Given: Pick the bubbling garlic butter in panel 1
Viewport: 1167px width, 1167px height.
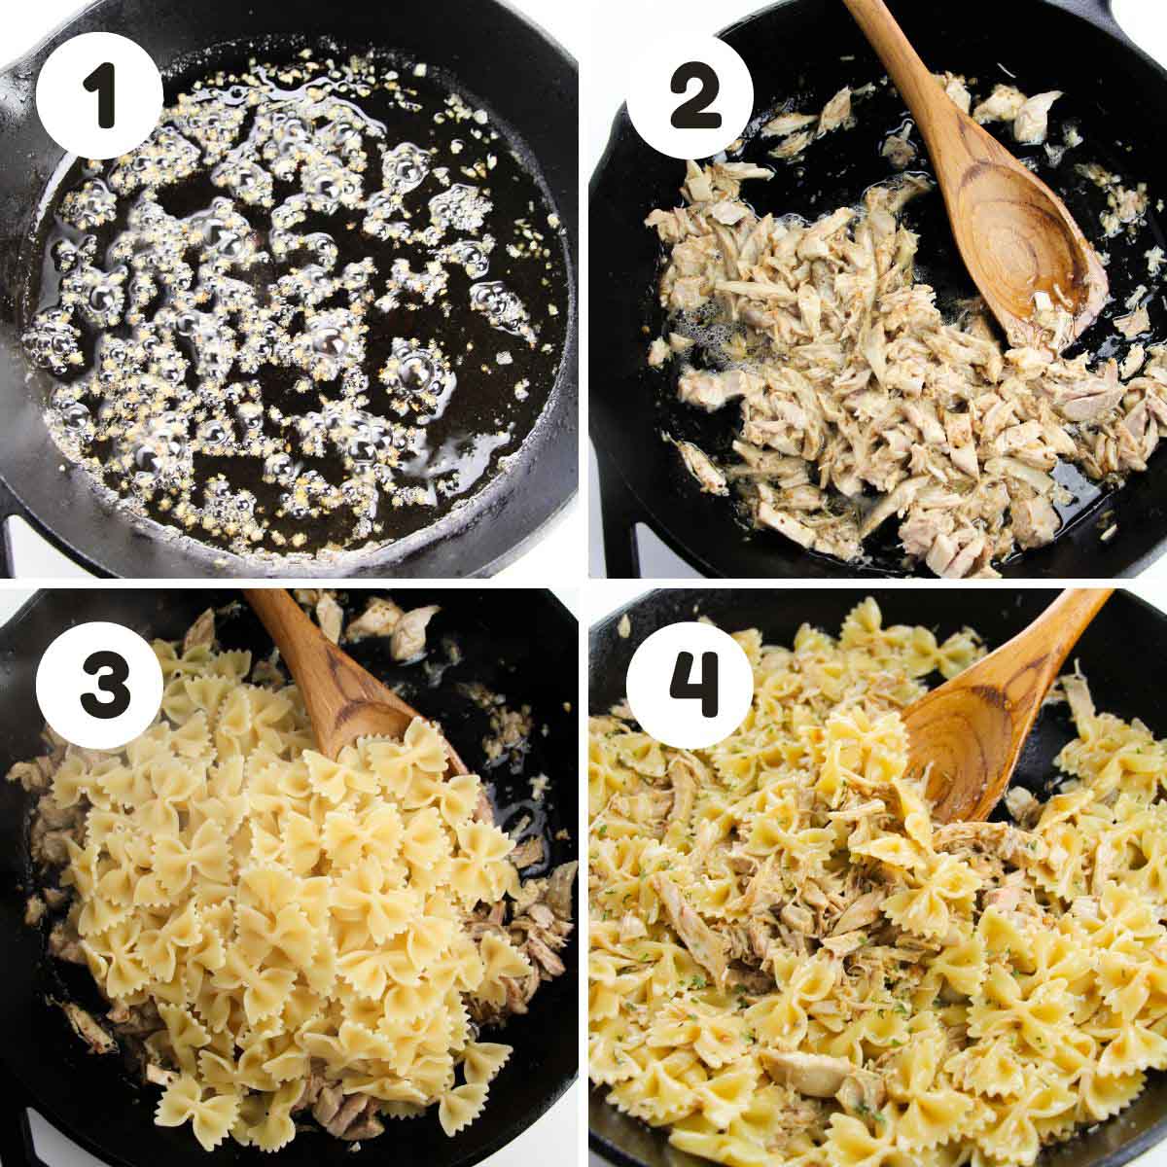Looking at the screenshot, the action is coord(291,302).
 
